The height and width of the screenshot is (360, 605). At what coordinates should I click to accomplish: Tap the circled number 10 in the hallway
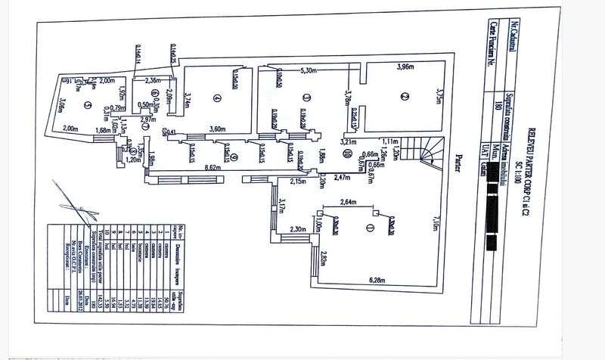point(346,154)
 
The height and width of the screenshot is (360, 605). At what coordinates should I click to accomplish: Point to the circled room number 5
point(88,105)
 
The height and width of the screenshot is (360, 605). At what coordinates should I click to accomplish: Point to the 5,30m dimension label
point(309,70)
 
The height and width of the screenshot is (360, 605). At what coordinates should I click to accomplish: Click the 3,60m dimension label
point(218,129)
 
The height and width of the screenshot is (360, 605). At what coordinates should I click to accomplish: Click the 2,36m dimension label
point(154,80)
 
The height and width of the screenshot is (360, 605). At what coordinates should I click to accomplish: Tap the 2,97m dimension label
point(148,119)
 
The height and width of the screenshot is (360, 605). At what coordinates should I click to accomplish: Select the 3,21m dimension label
point(348,141)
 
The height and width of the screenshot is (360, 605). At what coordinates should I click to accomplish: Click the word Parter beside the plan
point(458,163)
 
